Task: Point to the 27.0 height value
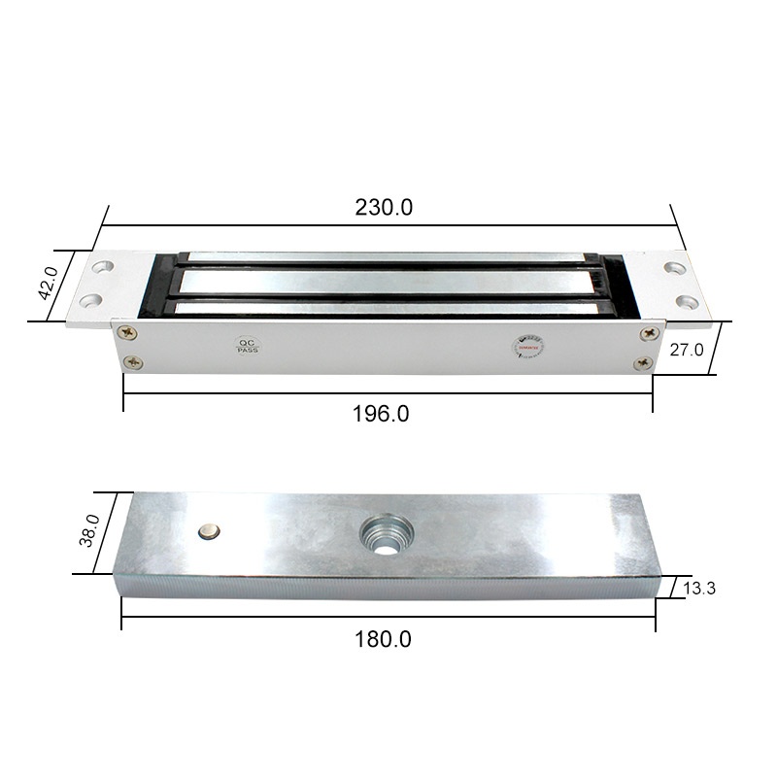pyautogui.click(x=687, y=351)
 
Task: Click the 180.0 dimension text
pyautogui.click(x=386, y=639)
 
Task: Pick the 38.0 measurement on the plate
pyautogui.click(x=88, y=532)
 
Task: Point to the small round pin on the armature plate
pyautogui.click(x=208, y=530)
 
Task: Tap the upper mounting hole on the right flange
pyautogui.click(x=672, y=265)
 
